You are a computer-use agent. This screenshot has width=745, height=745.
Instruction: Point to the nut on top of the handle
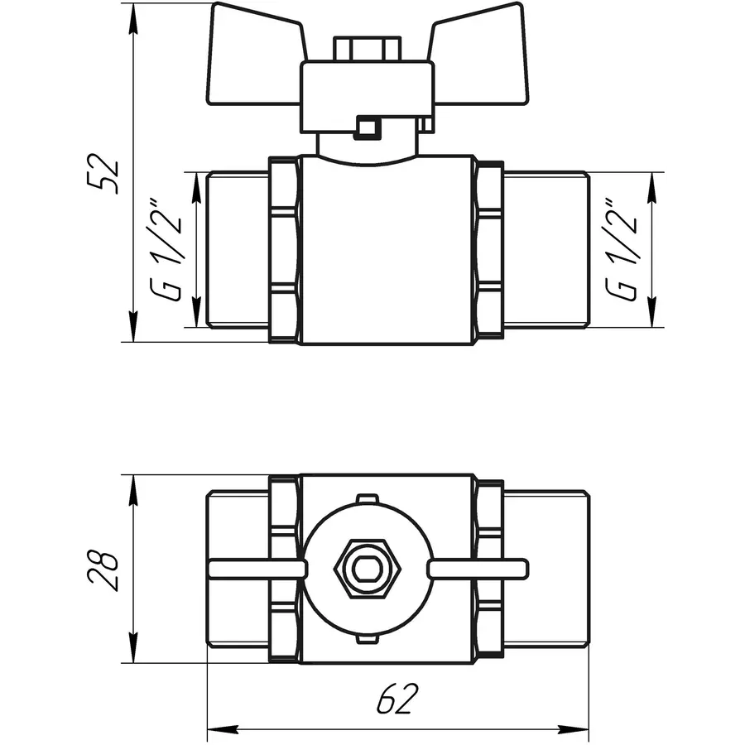click(x=363, y=47)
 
